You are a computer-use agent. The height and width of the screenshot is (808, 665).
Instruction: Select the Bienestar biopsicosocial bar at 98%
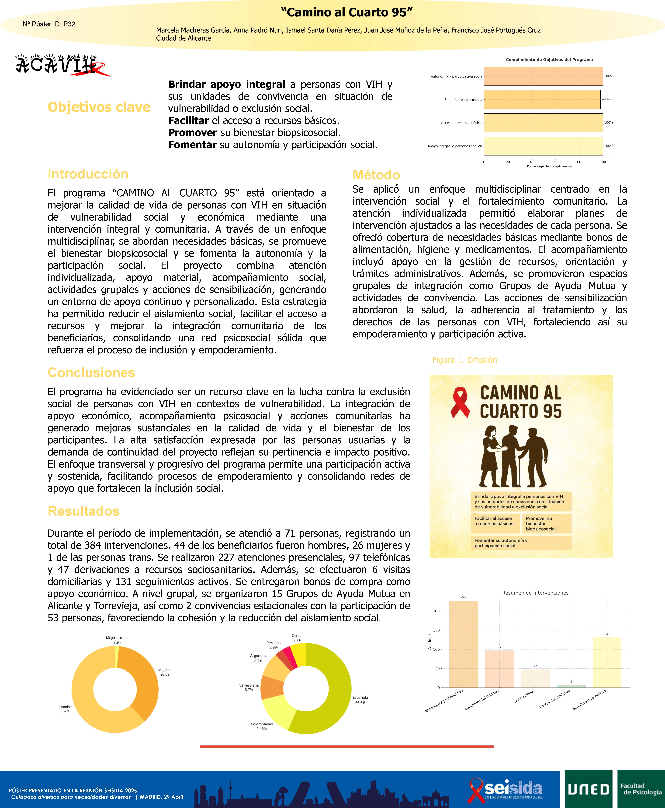pos(542,100)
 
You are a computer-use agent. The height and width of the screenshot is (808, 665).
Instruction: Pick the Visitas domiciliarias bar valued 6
pos(571,686)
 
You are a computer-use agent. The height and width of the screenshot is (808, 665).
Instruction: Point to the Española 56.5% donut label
pos(360,700)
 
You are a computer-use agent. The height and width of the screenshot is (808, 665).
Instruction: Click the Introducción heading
pos(88,174)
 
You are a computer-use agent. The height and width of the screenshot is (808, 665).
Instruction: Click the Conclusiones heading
pos(91,373)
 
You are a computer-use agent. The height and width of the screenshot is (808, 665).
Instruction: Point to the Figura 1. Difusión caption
pos(464,360)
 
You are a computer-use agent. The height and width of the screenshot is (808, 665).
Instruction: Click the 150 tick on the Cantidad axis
pos(436,630)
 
